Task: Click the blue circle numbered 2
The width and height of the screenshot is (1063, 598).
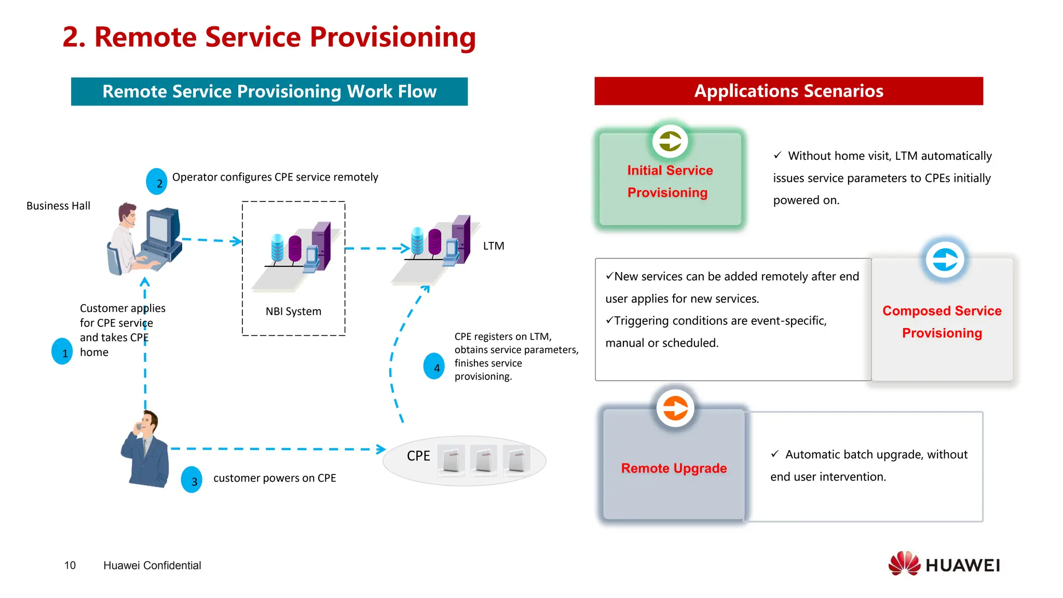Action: tap(157, 182)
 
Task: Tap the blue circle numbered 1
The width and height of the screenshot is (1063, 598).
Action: tap(62, 351)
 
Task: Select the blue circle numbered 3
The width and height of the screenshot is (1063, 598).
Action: tap(192, 480)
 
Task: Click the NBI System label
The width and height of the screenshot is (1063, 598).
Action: tap(293, 311)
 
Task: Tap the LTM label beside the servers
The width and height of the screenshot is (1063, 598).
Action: tap(494, 246)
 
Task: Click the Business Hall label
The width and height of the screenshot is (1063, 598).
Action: tap(58, 206)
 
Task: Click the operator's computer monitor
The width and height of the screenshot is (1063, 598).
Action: tap(161, 228)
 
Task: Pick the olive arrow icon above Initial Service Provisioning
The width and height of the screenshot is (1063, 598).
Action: tap(670, 141)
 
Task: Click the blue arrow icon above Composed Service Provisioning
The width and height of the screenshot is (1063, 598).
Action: tap(945, 260)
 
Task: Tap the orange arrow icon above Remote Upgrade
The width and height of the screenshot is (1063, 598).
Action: tap(675, 409)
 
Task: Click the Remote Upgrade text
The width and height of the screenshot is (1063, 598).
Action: tap(674, 468)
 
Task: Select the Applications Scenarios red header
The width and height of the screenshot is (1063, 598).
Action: tap(788, 91)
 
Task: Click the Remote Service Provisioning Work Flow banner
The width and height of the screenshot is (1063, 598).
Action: tap(269, 92)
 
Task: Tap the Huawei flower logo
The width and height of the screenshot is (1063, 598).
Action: tap(904, 564)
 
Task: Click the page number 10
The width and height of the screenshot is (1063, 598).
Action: tap(70, 565)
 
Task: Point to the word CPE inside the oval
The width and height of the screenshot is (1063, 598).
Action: tap(418, 456)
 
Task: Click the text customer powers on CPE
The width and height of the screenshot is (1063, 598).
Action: tap(275, 478)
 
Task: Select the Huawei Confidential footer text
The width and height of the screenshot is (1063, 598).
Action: tap(152, 565)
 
